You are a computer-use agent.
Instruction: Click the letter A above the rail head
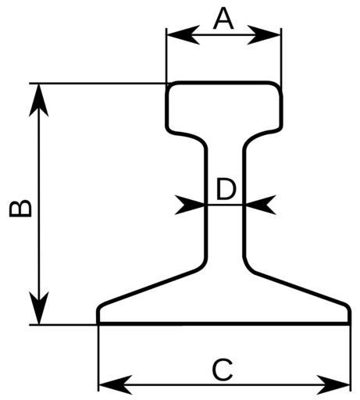click(x=223, y=19)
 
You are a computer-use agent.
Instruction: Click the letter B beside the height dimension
click(x=20, y=209)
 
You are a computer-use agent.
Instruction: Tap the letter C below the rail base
click(x=223, y=370)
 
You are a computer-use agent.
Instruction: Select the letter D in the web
click(x=226, y=190)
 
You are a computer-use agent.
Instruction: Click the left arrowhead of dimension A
click(x=183, y=34)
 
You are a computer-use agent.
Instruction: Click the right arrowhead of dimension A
click(x=264, y=34)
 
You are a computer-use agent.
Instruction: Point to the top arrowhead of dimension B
click(x=39, y=100)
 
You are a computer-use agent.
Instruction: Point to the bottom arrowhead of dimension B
click(x=39, y=308)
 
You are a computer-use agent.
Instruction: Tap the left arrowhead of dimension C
click(x=116, y=384)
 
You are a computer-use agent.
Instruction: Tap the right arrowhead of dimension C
click(x=333, y=384)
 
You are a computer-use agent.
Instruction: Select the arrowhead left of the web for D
click(x=190, y=205)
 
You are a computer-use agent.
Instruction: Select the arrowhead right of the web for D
click(x=259, y=205)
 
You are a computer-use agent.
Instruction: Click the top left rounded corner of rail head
click(x=170, y=87)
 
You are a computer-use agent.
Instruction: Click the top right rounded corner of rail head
click(x=277, y=87)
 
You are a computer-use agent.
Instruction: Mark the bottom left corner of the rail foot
click(x=98, y=323)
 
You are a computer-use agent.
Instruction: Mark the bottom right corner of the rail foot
click(x=349, y=323)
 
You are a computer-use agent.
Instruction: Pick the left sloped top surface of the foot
click(x=151, y=287)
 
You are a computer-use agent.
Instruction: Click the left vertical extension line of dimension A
click(x=166, y=55)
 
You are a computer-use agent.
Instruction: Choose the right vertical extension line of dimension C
click(x=350, y=357)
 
